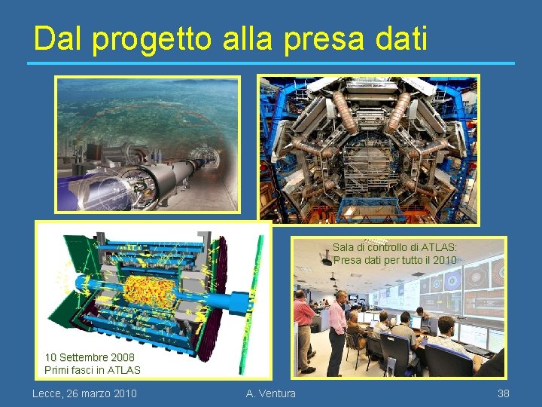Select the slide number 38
coord(504,393)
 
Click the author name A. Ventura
coord(271,393)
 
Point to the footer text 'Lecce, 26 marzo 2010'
coord(84,393)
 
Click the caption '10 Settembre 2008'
coord(90,357)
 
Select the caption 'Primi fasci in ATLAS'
coord(93,370)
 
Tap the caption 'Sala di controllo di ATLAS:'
coord(395,247)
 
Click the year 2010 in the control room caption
coord(445,260)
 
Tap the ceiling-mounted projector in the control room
coord(326,261)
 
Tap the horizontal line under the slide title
coord(271,63)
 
